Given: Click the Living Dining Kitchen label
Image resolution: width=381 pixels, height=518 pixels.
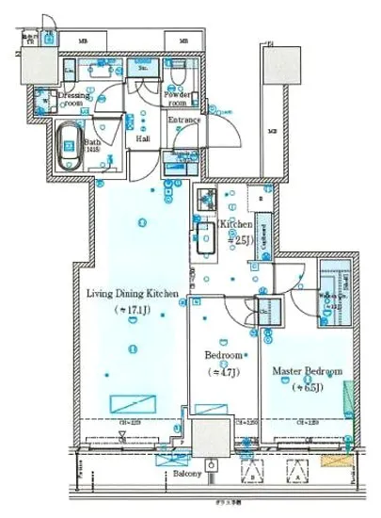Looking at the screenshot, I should tap(133, 295).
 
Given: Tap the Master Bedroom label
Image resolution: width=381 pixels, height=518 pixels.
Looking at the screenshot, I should tap(307, 370).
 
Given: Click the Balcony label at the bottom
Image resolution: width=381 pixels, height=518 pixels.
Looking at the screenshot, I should tap(185, 474).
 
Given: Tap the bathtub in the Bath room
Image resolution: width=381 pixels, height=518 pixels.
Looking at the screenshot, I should tap(69, 148).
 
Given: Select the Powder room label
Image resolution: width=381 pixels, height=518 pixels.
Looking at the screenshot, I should tap(179, 100).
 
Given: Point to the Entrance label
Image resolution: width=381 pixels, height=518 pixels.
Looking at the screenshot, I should tap(185, 121).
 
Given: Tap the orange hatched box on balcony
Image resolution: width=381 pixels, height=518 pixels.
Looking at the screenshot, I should tap(335, 462).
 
